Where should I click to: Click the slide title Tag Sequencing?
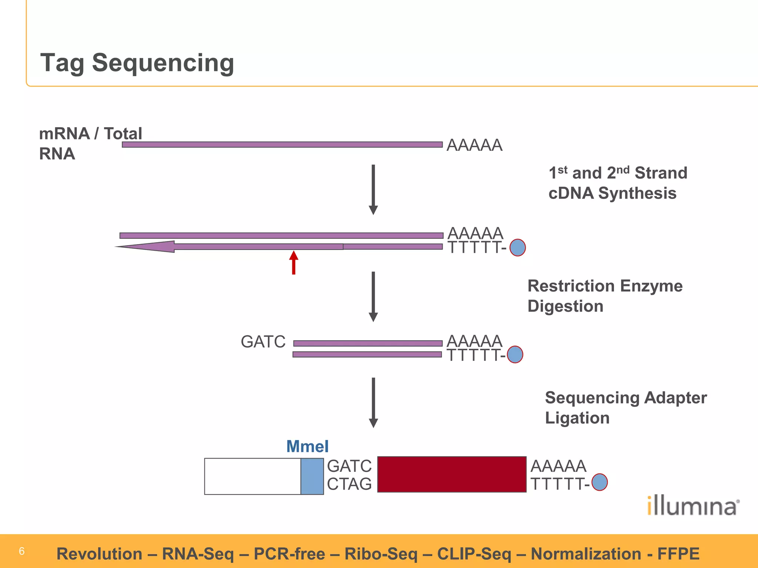pyautogui.click(x=137, y=63)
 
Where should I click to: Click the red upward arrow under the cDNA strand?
pyautogui.click(x=294, y=262)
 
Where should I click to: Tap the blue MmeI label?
pyautogui.click(x=307, y=446)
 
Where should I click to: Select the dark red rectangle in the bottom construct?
pyautogui.click(x=452, y=474)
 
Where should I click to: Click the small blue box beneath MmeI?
pyautogui.click(x=312, y=476)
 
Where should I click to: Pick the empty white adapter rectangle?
pyautogui.click(x=252, y=476)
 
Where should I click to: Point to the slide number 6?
pyautogui.click(x=21, y=551)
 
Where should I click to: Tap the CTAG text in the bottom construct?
pyautogui.click(x=349, y=484)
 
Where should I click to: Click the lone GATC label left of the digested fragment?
pyautogui.click(x=263, y=342)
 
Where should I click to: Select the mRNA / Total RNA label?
pyautogui.click(x=90, y=143)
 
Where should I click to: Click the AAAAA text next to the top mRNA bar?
pyautogui.click(x=474, y=145)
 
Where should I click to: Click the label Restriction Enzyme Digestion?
pyautogui.click(x=604, y=296)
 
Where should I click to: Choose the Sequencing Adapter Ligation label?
pyautogui.click(x=625, y=408)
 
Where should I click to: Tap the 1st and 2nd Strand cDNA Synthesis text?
pyautogui.click(x=617, y=183)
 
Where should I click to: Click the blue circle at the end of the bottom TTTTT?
pyautogui.click(x=600, y=482)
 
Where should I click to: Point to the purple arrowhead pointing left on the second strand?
pyautogui.click(x=148, y=246)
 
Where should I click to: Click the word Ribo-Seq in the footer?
pyautogui.click(x=381, y=554)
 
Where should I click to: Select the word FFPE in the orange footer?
pyautogui.click(x=678, y=554)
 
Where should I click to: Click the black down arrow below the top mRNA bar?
pyautogui.click(x=373, y=189)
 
